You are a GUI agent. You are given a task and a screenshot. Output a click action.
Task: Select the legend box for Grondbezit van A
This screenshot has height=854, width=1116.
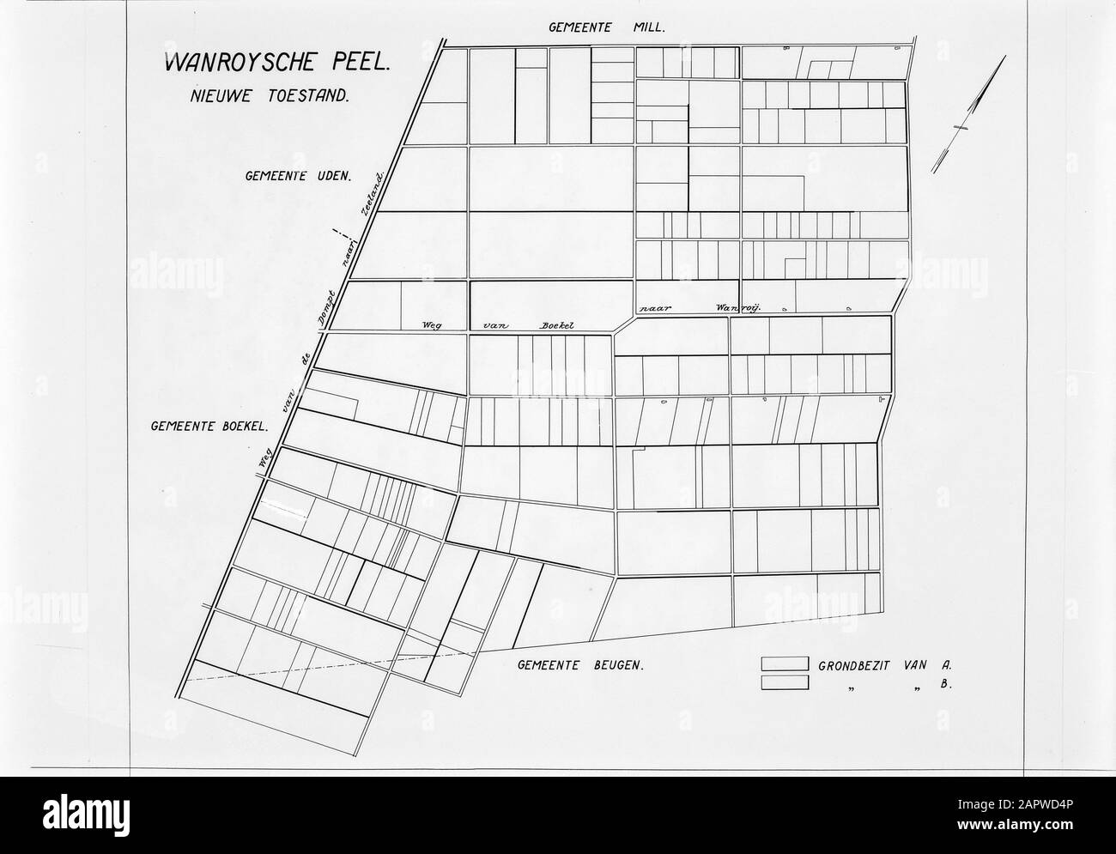pos(785,663)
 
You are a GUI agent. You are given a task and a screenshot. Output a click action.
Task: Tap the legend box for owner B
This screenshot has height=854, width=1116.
pos(785,682)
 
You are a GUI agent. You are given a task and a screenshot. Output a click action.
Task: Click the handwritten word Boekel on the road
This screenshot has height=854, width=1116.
pos(555,325)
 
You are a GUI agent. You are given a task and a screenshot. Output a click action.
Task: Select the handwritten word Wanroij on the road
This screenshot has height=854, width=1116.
pos(727,306)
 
